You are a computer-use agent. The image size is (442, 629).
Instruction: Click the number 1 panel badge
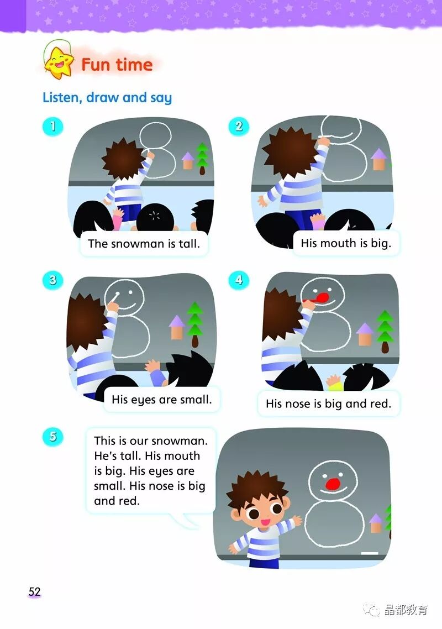(52, 127)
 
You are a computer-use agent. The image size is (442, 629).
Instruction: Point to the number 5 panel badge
(52, 437)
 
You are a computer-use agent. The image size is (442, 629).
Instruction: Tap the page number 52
(34, 592)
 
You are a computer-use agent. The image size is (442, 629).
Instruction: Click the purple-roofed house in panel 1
(188, 160)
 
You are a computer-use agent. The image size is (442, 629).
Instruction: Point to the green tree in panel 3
(195, 324)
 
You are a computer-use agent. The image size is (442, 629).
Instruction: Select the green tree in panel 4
(385, 331)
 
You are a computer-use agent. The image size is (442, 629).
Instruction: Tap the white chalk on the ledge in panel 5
(370, 553)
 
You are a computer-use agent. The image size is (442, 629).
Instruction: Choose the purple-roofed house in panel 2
(379, 159)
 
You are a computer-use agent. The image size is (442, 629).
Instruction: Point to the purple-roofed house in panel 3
(177, 327)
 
